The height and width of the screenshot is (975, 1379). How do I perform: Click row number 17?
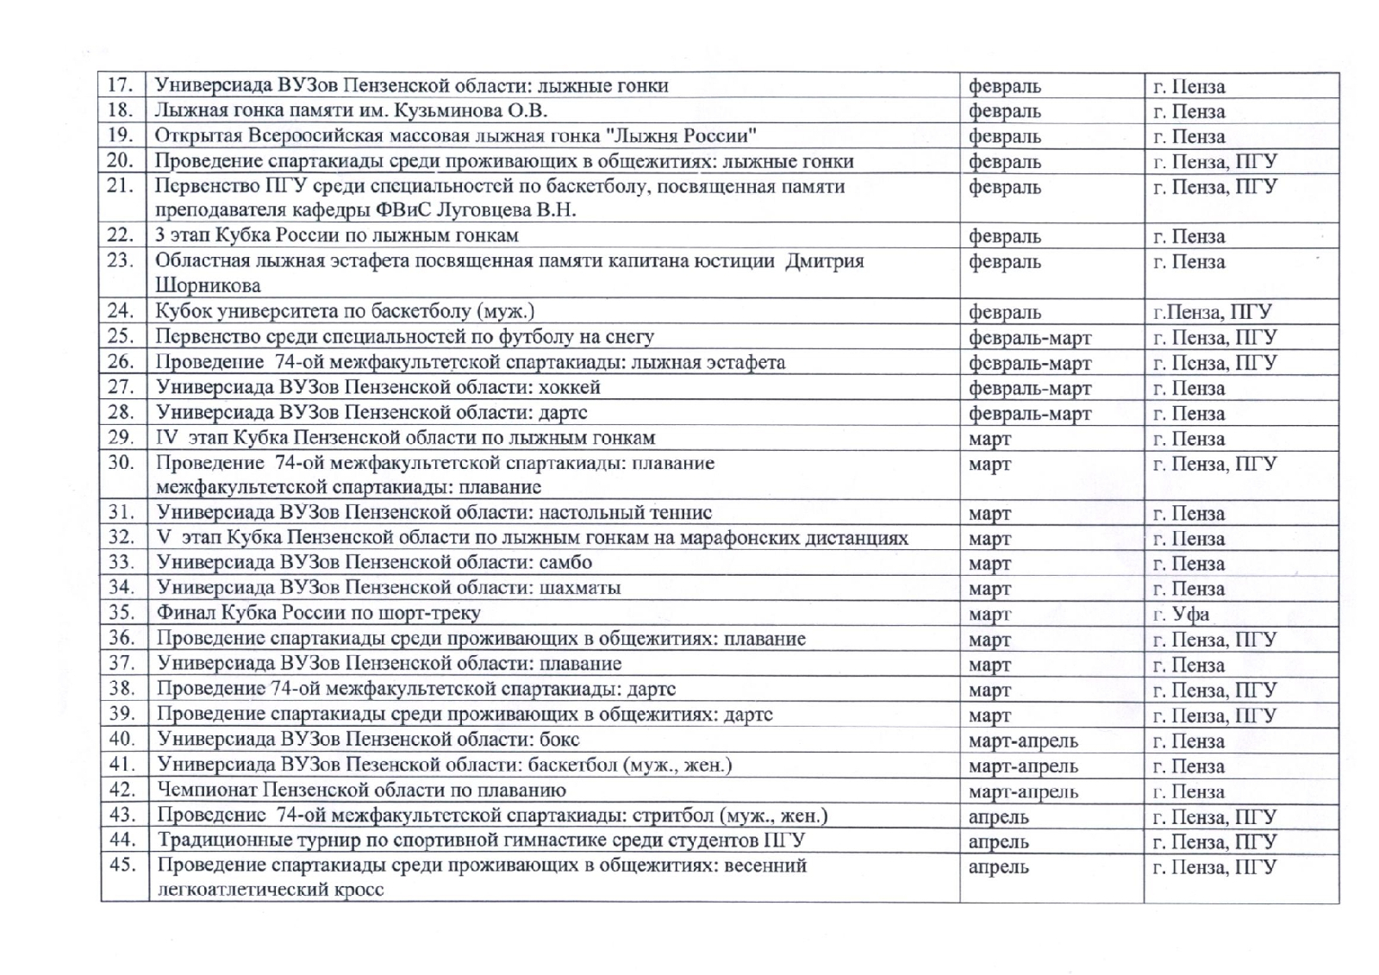(x=120, y=85)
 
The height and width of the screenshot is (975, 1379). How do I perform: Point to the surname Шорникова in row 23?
(x=208, y=285)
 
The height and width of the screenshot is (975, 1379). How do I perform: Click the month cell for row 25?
(x=1029, y=338)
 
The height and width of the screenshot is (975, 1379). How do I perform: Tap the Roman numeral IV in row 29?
(x=167, y=438)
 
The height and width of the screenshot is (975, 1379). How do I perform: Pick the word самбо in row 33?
(x=565, y=563)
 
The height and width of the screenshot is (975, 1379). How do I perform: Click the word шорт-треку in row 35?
(x=436, y=613)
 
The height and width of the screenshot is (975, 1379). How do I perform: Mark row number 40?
(x=122, y=740)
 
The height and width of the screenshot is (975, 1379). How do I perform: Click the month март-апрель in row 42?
(x=1023, y=791)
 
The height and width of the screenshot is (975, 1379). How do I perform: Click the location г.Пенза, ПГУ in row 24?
(x=1213, y=312)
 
